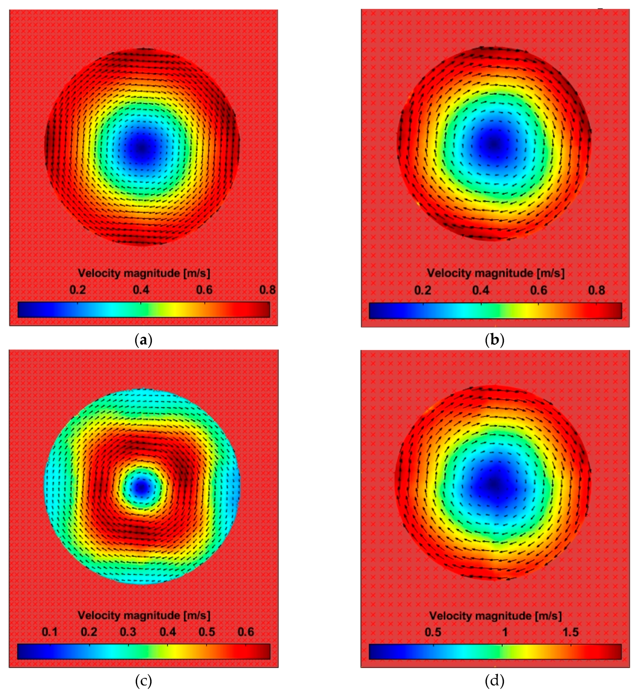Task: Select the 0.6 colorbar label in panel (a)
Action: tap(204, 290)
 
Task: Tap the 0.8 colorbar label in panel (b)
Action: tap(596, 290)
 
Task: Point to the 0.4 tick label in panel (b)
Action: tap(481, 290)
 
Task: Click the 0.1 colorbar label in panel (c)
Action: tap(50, 632)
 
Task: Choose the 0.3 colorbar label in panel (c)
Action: tap(128, 632)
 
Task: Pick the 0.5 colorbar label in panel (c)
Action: tap(207, 632)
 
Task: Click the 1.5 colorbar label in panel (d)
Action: tap(571, 632)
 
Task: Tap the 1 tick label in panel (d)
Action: tap(505, 632)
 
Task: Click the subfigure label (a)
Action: tap(143, 340)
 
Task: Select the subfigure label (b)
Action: tap(495, 340)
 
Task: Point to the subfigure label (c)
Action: tap(143, 681)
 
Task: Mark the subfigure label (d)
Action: tap(495, 681)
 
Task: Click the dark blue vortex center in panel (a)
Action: tap(141, 148)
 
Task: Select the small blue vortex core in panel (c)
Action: tap(141, 487)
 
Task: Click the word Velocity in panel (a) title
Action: tap(99, 273)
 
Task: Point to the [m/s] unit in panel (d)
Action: tap(548, 616)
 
